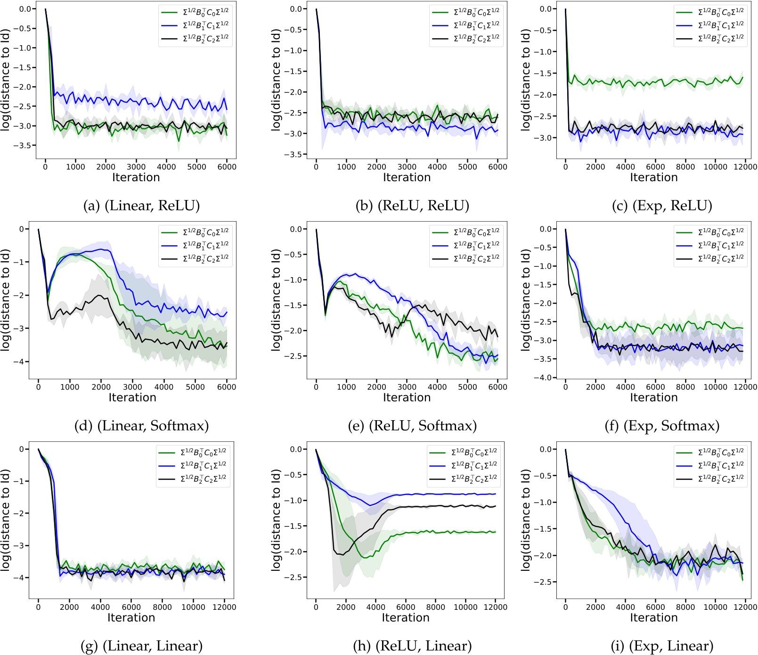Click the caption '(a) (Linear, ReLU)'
click(x=141, y=206)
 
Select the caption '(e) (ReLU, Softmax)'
click(x=412, y=426)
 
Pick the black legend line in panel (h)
click(x=438, y=479)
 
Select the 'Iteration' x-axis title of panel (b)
click(x=407, y=177)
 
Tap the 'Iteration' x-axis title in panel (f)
click(x=654, y=398)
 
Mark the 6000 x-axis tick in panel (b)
click(x=497, y=167)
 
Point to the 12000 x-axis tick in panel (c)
click(x=745, y=167)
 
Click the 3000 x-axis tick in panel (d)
click(x=132, y=387)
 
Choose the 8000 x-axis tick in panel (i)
click(x=685, y=607)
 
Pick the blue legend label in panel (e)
click(x=476, y=245)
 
